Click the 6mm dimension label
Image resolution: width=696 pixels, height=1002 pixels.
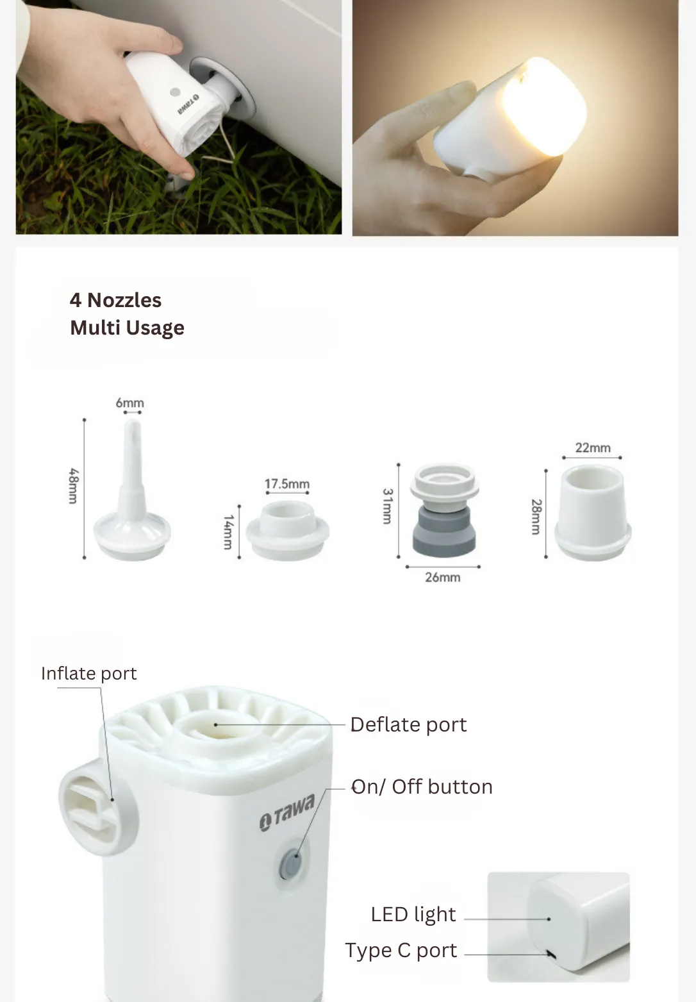coord(129,403)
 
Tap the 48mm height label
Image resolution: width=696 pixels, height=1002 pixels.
coord(74,486)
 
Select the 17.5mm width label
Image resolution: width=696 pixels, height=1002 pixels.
coord(286,483)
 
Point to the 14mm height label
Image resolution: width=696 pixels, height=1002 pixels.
coord(228,531)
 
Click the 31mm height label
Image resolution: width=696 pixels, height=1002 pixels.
coord(387,506)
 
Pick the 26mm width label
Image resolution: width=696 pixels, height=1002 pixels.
coord(442,577)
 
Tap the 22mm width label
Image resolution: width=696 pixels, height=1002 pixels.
coord(593,447)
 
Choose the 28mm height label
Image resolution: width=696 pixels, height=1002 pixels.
coord(536,517)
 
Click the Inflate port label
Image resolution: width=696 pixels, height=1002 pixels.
coord(88,673)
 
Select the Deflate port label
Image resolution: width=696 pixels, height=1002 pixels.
coord(408,724)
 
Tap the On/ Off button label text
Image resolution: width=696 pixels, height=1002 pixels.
coord(422,787)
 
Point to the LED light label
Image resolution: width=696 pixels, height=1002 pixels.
coord(413,914)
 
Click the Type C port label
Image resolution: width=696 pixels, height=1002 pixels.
coord(401,951)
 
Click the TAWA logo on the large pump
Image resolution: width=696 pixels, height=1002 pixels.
coord(286,812)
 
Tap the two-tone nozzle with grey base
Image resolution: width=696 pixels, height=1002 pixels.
coord(444,510)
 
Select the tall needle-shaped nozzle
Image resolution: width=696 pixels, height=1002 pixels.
coord(132,490)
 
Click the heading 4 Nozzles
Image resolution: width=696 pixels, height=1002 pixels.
coord(115,300)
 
